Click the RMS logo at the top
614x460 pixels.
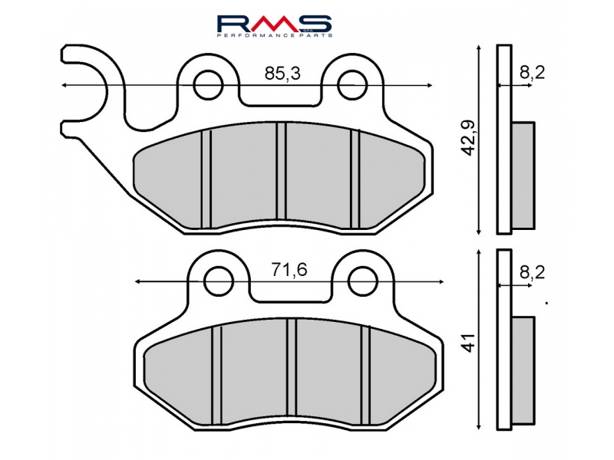(275, 22)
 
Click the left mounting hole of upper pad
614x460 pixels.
(207, 84)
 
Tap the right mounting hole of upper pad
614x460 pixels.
(352, 84)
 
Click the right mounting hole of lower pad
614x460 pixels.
(361, 280)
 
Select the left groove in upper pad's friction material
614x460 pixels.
(206, 178)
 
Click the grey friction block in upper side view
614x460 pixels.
(523, 176)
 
